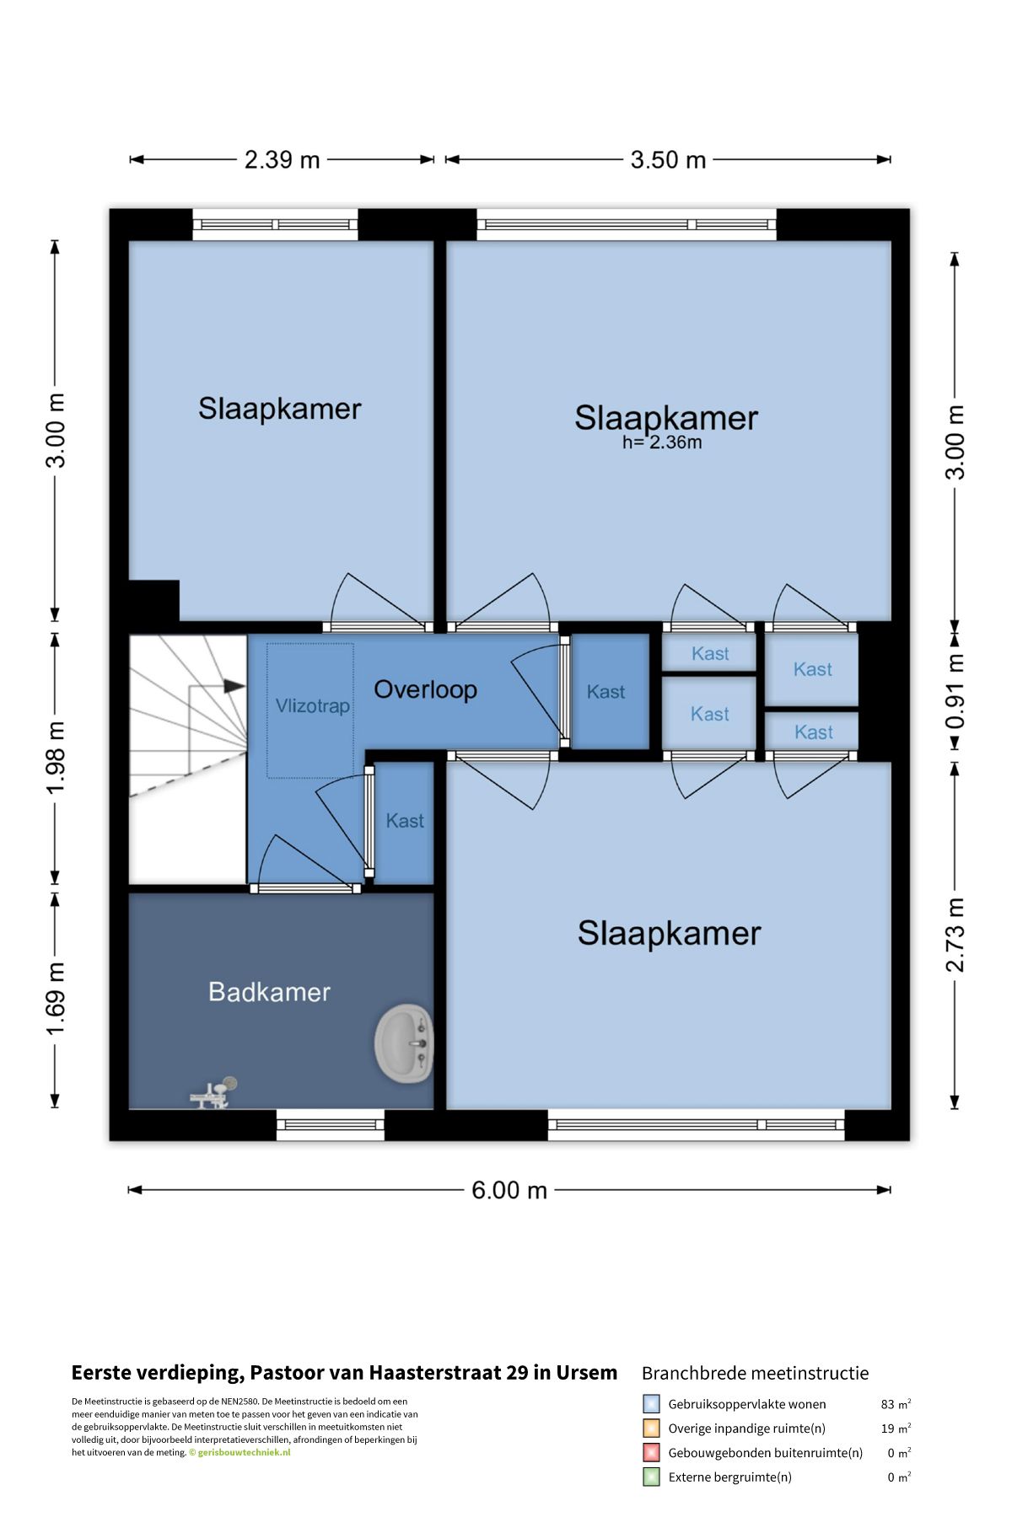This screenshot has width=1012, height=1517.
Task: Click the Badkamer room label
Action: coord(269,992)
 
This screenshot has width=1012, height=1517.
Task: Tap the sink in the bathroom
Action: coord(404,1043)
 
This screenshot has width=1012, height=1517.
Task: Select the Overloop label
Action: coord(425,689)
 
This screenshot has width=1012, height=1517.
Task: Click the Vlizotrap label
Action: coord(312,705)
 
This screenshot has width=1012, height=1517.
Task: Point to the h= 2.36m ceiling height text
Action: coord(662,442)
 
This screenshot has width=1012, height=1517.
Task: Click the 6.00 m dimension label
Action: coord(509,1190)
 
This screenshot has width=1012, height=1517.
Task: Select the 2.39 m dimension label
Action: coord(282,159)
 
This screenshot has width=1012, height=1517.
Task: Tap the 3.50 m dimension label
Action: coord(668,159)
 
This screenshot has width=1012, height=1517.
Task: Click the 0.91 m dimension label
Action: coord(955,691)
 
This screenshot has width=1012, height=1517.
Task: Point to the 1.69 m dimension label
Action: coord(55,1000)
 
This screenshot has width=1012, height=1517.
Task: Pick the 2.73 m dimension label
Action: coord(955,935)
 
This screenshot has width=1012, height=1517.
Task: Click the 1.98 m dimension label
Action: coord(55,758)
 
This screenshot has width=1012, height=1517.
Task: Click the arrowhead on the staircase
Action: coord(234,686)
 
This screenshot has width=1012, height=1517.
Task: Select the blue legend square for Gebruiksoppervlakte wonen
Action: coord(651,1404)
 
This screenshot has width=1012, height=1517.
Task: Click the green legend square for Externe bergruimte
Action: coord(651,1477)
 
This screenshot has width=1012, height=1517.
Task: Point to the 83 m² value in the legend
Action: coord(896,1404)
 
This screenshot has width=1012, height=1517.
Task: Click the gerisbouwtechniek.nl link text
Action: coord(244,1452)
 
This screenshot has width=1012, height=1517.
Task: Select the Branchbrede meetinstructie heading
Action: coord(755,1374)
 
